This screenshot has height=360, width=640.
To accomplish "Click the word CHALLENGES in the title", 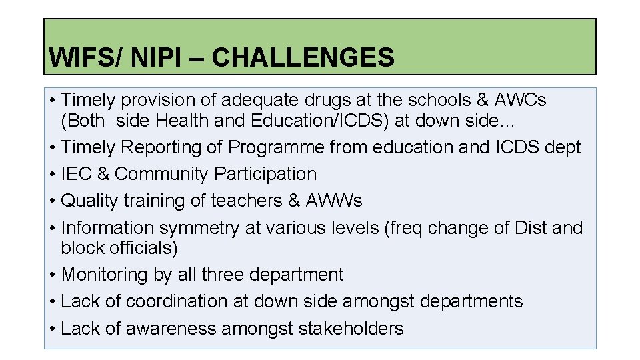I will [x=303, y=58].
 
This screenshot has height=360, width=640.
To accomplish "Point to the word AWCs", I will [x=521, y=101].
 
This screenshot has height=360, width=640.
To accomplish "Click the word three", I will [x=227, y=275].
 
